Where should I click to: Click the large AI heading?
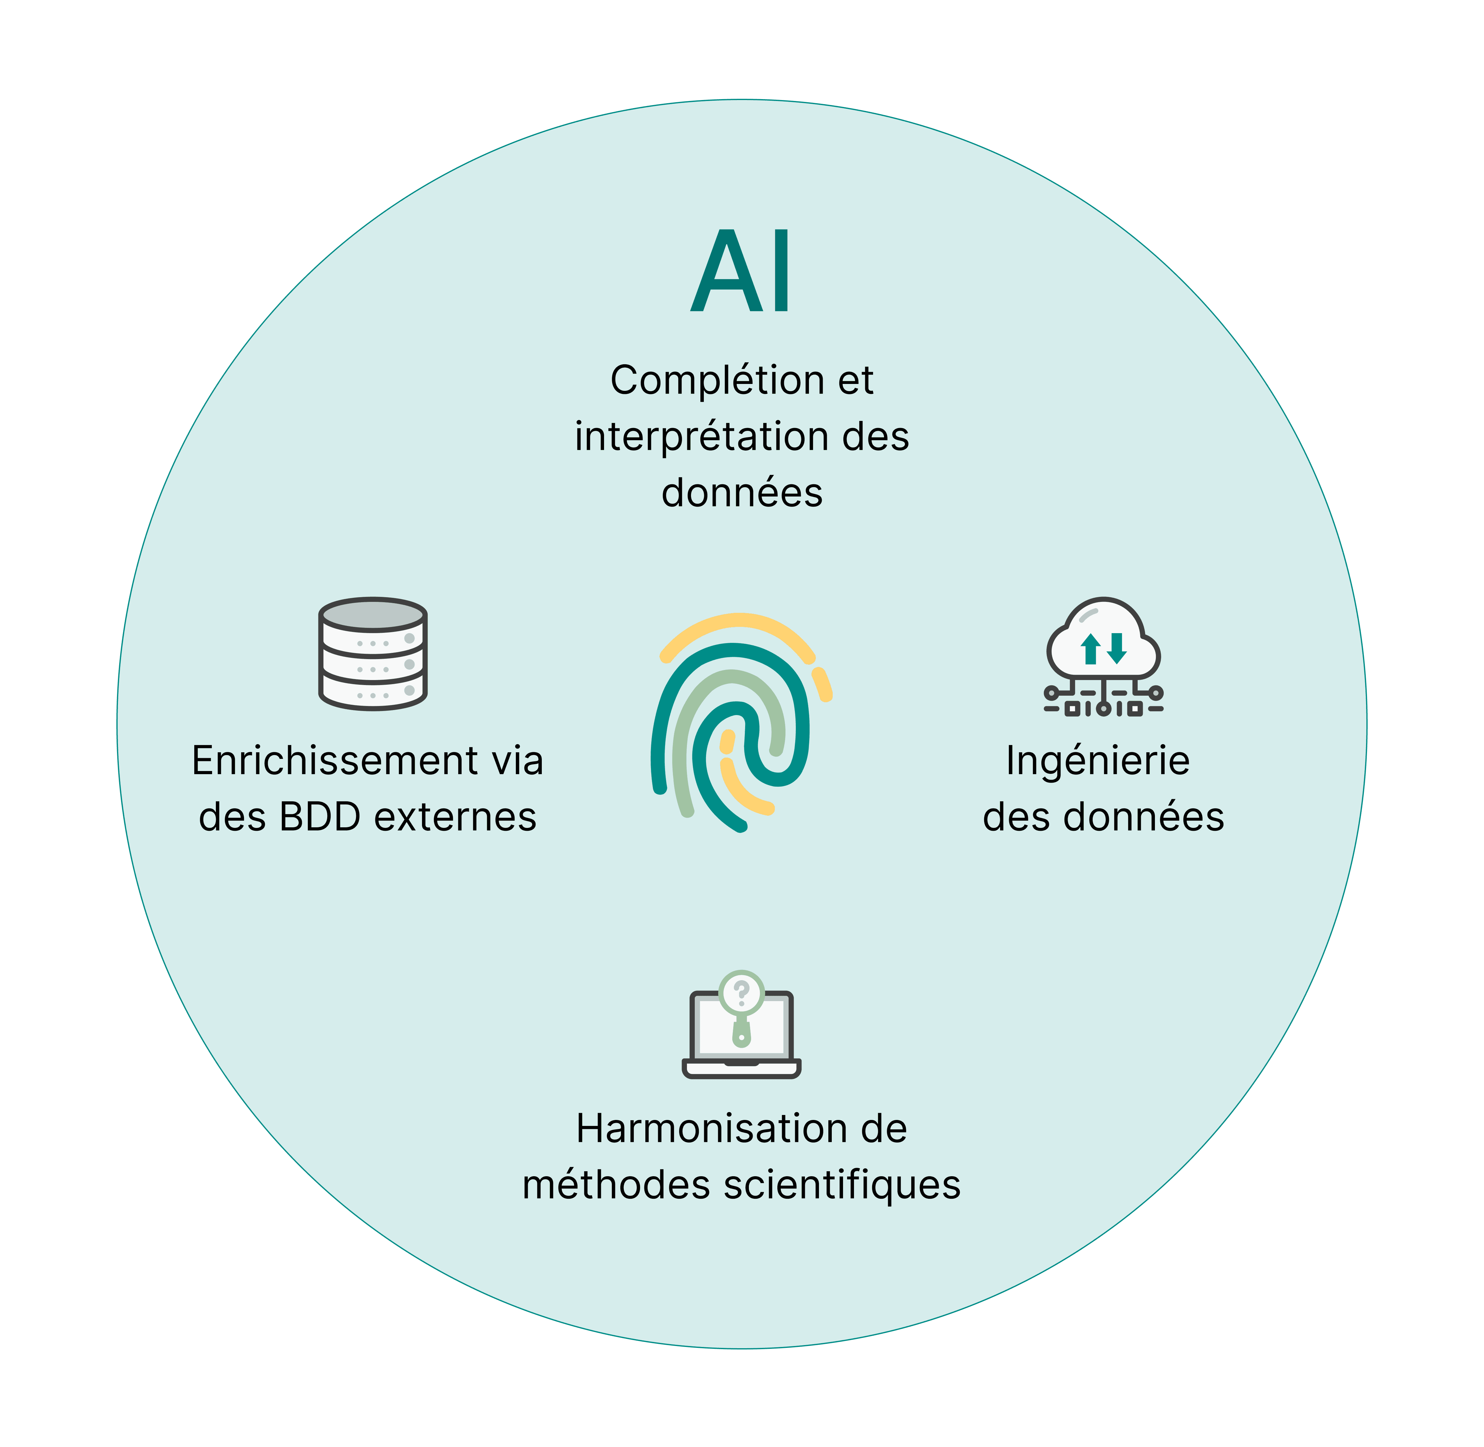(741, 271)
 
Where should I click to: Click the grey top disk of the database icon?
(373, 614)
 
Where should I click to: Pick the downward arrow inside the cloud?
(1116, 648)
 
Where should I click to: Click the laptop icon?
(741, 1034)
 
